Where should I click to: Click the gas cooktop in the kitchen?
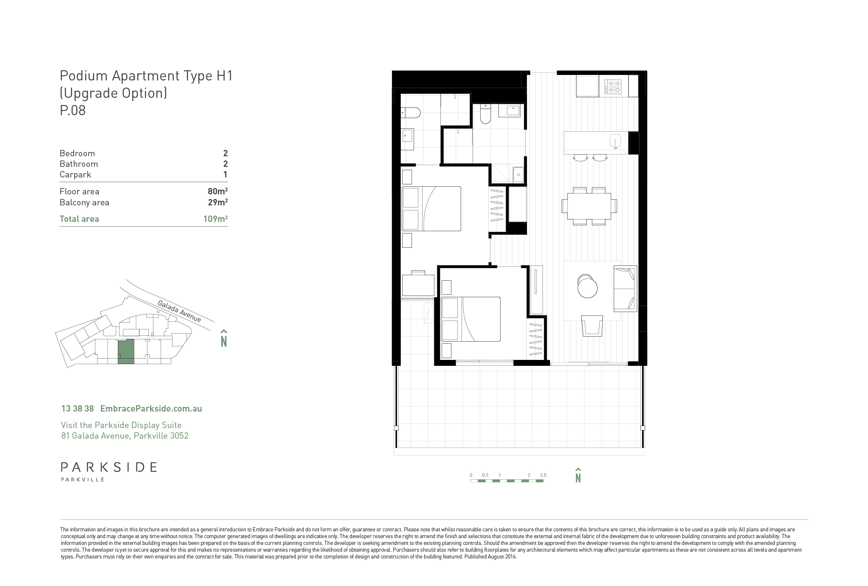pos(613,87)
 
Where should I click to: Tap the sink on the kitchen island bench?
pos(615,141)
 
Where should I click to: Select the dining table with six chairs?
pos(589,206)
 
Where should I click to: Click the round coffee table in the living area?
pos(587,287)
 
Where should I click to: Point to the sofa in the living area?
pos(625,289)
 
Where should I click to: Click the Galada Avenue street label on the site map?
pos(179,311)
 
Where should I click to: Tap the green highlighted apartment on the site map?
pos(126,351)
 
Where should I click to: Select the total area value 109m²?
pos(215,219)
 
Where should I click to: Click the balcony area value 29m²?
pos(218,202)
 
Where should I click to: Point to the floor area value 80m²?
pos(218,191)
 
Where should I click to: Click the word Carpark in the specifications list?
pos(75,175)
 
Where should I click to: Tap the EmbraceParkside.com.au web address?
pos(151,409)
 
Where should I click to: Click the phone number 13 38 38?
pos(78,409)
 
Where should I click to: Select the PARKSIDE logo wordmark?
pos(109,467)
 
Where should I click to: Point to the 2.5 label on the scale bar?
pos(543,475)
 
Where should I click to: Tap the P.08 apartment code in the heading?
pos(73,111)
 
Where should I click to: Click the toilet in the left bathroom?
pos(411,113)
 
